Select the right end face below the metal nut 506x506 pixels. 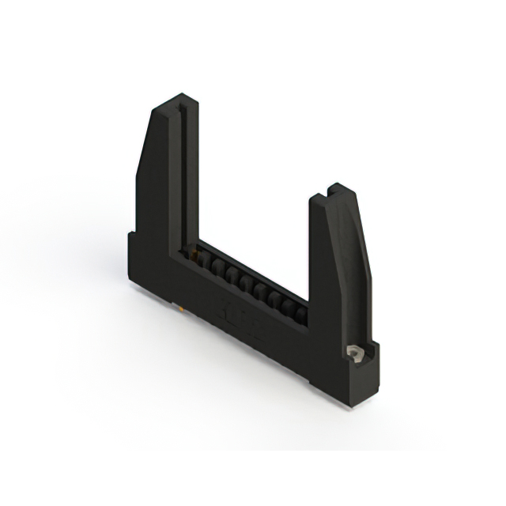click(x=365, y=379)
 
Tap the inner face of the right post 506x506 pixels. click(x=315, y=253)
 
